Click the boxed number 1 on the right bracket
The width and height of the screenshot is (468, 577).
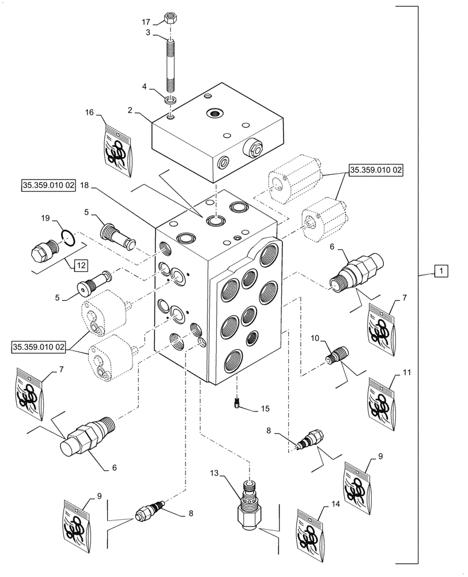point(439,270)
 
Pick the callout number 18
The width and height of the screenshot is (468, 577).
point(85,186)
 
